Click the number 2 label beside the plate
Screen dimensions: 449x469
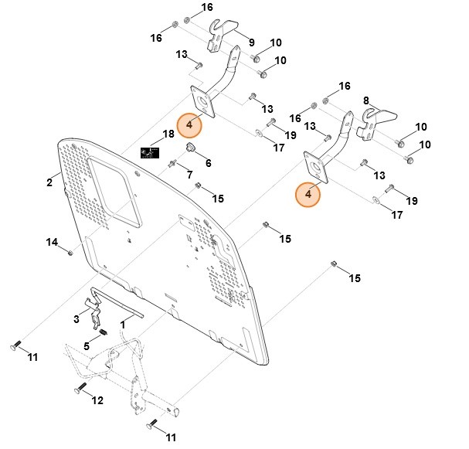(x=49, y=182)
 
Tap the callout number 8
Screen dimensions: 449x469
(x=365, y=100)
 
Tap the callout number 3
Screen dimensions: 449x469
(x=77, y=318)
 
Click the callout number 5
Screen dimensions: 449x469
(x=87, y=345)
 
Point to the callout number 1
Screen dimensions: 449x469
(x=122, y=325)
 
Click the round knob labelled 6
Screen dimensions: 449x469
(x=189, y=148)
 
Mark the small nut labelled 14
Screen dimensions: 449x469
(x=70, y=251)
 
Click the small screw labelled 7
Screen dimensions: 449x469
(x=172, y=163)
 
